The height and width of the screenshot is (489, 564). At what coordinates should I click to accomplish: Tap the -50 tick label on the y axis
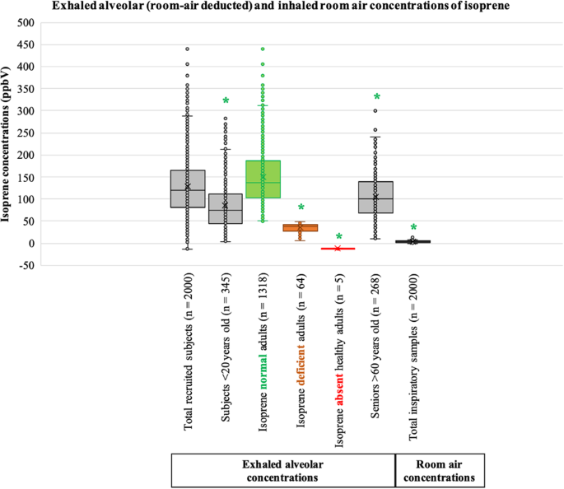27,266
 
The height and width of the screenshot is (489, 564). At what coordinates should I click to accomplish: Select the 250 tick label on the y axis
27,133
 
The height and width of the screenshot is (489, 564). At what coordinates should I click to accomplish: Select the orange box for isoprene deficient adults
301,227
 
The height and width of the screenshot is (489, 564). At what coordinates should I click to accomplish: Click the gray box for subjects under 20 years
226,208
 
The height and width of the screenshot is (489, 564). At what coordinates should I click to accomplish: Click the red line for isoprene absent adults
338,248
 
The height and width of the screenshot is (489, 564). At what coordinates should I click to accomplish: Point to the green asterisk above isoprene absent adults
338,237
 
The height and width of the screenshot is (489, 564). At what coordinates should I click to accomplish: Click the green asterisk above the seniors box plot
377,98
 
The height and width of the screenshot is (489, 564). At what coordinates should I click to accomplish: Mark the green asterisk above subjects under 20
226,101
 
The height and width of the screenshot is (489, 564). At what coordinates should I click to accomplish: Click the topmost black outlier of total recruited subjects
188,49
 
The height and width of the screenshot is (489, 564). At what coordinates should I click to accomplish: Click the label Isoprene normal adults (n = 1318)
263,354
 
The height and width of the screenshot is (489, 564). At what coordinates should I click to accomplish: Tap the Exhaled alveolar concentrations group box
283,471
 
